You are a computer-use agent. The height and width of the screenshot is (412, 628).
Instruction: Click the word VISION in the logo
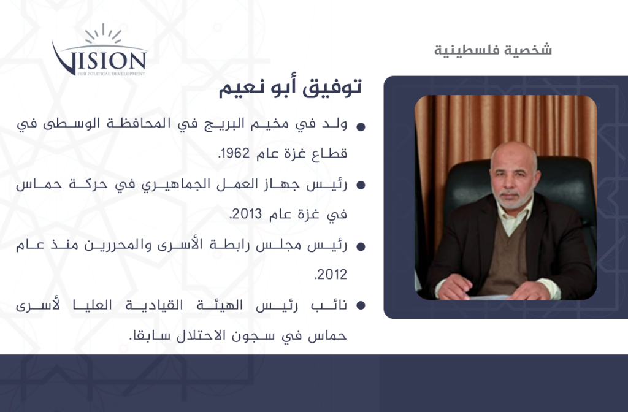[99, 60]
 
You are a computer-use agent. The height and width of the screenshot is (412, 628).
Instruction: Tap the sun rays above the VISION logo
[103, 33]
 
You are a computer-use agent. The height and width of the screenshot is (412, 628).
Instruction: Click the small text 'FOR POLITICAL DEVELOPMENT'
[111, 74]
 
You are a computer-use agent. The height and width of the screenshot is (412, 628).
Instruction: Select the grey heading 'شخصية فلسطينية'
[493, 50]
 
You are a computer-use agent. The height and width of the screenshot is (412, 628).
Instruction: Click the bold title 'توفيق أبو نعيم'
[290, 87]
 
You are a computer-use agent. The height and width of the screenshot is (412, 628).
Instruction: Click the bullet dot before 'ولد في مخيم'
[361, 127]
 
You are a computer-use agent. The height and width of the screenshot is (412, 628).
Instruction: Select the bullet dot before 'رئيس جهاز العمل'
[361, 185]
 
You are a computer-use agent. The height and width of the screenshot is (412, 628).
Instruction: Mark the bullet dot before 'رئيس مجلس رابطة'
[361, 246]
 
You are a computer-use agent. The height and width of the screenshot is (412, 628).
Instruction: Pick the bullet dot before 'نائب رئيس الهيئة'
[361, 305]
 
